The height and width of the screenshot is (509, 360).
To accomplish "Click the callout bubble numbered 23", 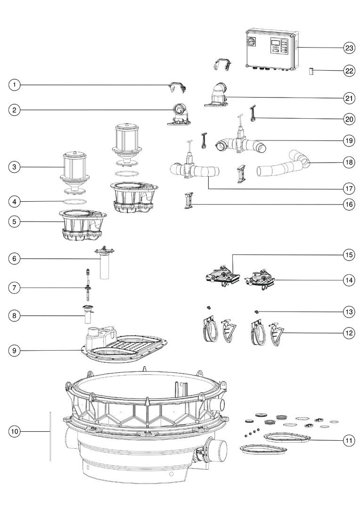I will (x=349, y=48).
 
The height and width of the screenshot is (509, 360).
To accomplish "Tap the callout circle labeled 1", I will (x=15, y=85).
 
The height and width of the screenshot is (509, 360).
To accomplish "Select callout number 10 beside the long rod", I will (x=15, y=431).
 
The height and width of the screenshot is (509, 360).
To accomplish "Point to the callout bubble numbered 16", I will (x=349, y=205).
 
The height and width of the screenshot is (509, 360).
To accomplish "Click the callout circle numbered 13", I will (x=349, y=312).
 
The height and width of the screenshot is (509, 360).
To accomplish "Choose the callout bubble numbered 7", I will (x=15, y=287).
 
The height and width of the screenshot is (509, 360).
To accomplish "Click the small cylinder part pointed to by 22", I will (x=311, y=72).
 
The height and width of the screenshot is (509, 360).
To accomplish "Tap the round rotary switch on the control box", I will (x=250, y=41).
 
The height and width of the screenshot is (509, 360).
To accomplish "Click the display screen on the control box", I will (x=276, y=43).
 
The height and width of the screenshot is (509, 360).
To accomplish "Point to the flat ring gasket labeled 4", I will (x=74, y=201).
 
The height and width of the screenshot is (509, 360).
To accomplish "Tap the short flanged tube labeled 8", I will (x=88, y=313).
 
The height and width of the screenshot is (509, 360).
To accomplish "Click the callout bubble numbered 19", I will (x=349, y=140).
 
